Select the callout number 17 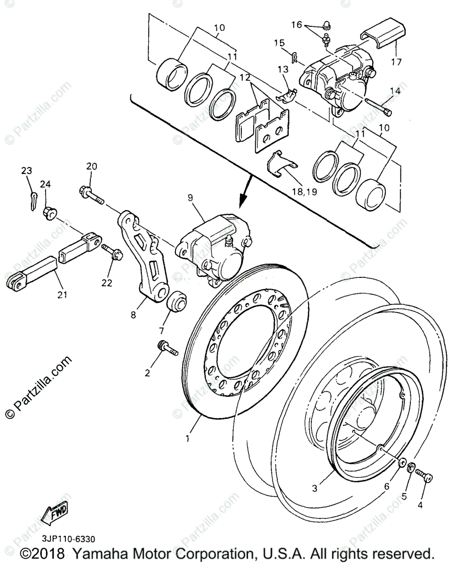tap(396, 62)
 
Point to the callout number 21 tap(62, 295)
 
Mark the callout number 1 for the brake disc tap(188, 438)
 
